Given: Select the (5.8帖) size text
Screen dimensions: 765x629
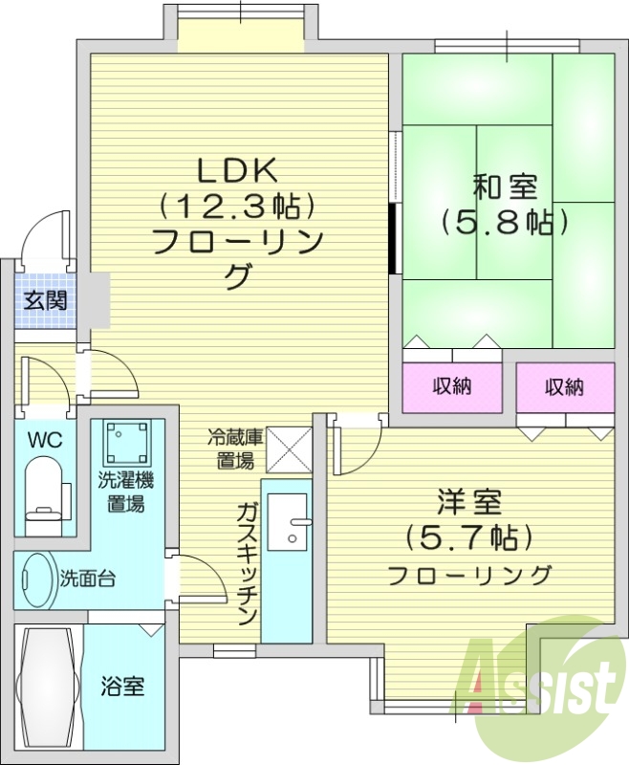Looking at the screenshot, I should click(505, 222).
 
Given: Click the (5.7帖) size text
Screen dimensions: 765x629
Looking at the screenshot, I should click(468, 537).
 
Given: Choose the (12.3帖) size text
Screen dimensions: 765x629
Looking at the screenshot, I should click(236, 205).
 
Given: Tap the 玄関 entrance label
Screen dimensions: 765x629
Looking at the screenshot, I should click(45, 300).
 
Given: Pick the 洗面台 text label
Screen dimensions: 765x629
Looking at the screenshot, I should click(88, 579).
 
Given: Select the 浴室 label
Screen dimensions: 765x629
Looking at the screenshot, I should click(124, 686).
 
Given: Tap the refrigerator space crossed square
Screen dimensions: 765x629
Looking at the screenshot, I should click(287, 448).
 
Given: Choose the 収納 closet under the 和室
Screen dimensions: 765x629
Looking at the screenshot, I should click(452, 386).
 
